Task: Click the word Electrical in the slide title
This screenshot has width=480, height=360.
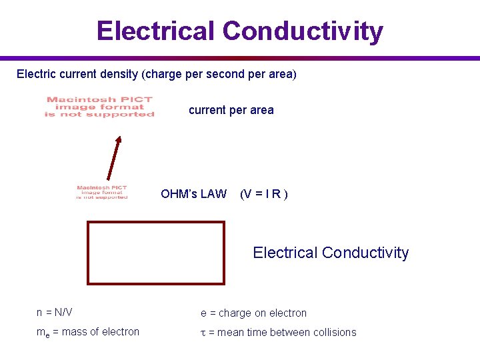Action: [155, 31]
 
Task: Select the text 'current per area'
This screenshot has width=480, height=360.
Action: [231, 110]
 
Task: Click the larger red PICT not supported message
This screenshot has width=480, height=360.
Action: [99, 107]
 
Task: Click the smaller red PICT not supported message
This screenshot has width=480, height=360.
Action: [101, 192]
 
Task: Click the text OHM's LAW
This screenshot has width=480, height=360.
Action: [193, 194]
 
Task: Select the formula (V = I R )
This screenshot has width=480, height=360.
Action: [263, 194]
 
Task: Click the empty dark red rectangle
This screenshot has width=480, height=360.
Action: [156, 253]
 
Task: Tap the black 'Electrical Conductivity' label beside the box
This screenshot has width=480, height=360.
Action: [331, 253]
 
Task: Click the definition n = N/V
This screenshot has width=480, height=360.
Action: [55, 312]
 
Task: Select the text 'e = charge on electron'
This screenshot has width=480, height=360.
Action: [253, 313]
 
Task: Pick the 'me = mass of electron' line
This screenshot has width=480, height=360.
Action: [88, 332]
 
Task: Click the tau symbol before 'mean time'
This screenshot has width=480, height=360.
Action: [203, 333]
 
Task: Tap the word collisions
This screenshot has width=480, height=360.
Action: [333, 332]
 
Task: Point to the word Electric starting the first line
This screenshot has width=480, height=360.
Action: [37, 73]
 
